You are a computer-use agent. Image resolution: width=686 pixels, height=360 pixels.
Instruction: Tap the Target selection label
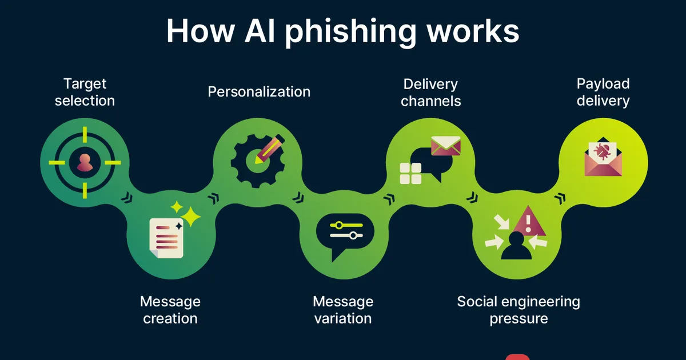pos(85,92)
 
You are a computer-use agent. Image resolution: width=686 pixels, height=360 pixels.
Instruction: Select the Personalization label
pos(259,92)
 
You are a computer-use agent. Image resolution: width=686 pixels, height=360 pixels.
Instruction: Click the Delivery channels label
pos(430,93)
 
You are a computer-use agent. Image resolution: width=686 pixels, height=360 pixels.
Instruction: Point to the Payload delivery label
pos(603,92)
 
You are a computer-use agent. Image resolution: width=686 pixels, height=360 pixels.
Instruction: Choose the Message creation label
pos(170,310)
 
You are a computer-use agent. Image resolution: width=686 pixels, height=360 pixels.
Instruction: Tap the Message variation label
pos(343,310)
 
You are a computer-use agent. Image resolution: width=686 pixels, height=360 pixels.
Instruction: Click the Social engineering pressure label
pos(519,310)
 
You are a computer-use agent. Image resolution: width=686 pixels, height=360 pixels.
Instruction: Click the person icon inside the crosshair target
pos(85,162)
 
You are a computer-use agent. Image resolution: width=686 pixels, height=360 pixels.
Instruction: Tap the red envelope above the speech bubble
pos(445,146)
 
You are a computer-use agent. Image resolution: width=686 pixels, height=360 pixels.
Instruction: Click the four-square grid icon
pos(410,173)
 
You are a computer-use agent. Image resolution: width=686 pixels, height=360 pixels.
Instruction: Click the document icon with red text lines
pos(166,238)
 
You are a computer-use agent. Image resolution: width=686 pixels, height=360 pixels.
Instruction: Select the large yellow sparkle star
pos(190,217)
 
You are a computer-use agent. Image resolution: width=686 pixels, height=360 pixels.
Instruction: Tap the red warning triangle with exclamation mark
pos(528,222)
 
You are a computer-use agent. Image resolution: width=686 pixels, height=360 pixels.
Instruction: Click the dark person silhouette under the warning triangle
pos(516,246)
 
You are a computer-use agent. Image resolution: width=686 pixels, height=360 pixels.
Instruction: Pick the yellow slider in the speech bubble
pos(346,225)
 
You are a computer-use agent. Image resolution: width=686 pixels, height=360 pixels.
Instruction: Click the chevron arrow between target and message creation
pos(126,198)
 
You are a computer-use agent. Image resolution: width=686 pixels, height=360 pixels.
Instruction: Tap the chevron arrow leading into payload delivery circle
pos(560,198)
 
